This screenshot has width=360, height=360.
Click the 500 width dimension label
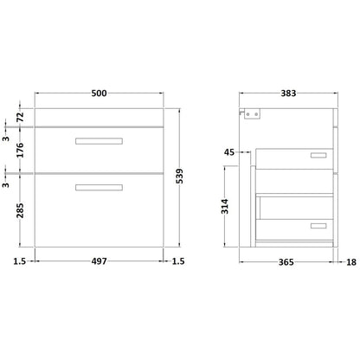[x=99, y=93]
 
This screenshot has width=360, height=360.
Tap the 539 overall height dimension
[x=179, y=176]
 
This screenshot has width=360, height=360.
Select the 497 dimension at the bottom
[x=99, y=261]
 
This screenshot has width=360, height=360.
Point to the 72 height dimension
[x=20, y=117]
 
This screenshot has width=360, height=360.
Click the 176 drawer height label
[x=20, y=150]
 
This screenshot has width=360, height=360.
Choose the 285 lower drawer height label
[x=20, y=210]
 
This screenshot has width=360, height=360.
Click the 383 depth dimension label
[x=288, y=93]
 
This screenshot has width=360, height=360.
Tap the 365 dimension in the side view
[x=286, y=262]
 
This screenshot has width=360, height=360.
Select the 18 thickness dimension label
[x=351, y=262]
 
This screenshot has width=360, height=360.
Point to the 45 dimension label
[x=229, y=152]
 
